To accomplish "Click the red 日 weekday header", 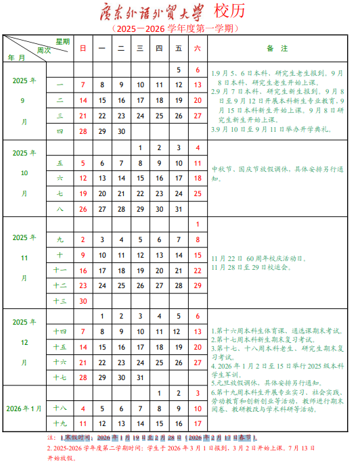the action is tap(83, 48).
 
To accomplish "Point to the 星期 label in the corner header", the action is tap(62, 41).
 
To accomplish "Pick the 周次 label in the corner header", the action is tap(44, 49).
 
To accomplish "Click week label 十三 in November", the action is tap(60, 301).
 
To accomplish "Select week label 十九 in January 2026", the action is tap(60, 423).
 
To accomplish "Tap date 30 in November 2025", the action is tap(83, 301).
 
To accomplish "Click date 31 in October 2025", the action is tap(178, 209).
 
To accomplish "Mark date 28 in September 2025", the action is tap(83, 131).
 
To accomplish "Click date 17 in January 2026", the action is tap(198, 423).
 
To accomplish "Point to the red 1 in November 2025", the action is tap(198, 225).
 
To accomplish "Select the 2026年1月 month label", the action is tap(24, 408).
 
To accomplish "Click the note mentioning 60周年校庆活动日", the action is tap(257, 258).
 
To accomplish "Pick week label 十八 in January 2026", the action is tap(60, 408).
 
